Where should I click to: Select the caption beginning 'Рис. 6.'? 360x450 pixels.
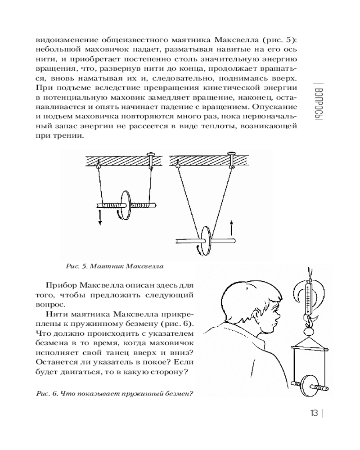click(114, 393)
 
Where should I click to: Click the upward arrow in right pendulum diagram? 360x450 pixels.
click(231, 227)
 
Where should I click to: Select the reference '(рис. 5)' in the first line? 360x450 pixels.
click(279, 39)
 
